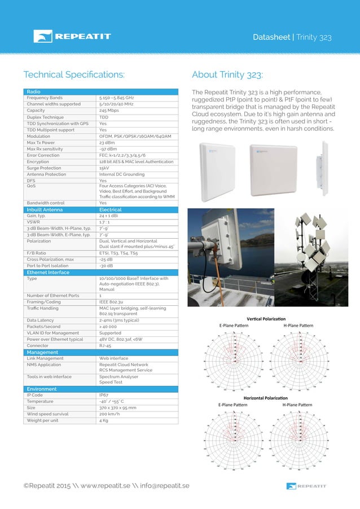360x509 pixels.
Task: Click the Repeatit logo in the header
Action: [72, 37]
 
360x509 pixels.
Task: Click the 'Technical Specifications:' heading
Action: [73, 74]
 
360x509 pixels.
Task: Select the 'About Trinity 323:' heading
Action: [227, 74]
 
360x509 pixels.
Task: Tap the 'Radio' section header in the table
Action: [33, 91]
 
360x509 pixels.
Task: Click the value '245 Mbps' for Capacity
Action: [109, 110]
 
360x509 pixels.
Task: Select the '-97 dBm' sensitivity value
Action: [108, 149]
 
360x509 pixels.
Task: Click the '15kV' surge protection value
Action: [104, 168]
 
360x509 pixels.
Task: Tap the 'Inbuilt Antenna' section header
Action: [46, 209]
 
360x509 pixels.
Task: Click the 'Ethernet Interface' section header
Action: [49, 272]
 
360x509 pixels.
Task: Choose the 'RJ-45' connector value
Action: [106, 346]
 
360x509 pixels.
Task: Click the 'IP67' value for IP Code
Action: [104, 395]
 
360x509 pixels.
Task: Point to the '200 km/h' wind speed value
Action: [109, 414]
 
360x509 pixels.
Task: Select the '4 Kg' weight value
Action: [104, 420]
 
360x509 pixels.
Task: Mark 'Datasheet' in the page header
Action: [271, 37]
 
